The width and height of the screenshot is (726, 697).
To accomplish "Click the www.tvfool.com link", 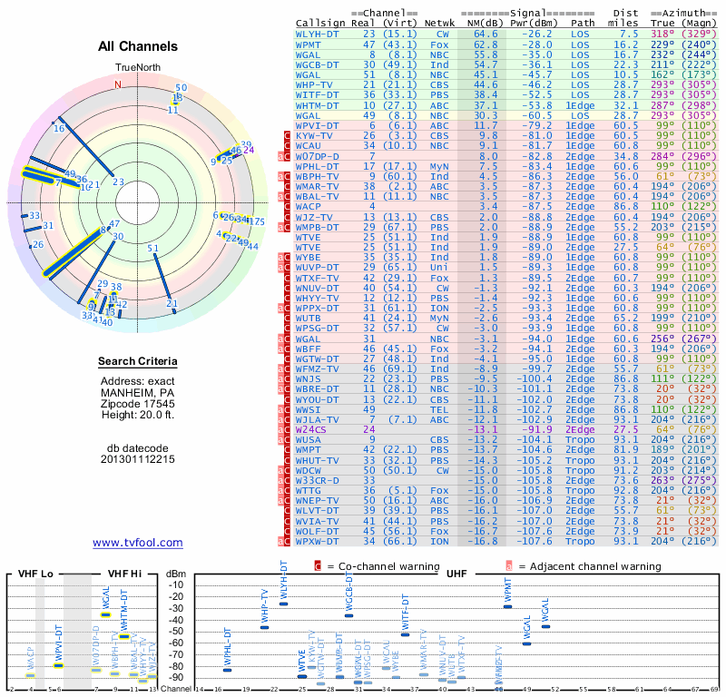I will click(x=138, y=543).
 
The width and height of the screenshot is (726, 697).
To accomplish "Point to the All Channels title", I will click(x=138, y=46).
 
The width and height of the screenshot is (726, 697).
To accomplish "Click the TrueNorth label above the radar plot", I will click(x=137, y=68).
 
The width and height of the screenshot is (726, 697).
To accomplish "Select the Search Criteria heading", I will click(x=138, y=362).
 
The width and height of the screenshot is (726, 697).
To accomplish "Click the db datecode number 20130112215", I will click(x=138, y=459).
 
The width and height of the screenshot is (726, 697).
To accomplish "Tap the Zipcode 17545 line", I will click(x=138, y=403).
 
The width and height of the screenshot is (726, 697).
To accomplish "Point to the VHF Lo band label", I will click(x=34, y=574).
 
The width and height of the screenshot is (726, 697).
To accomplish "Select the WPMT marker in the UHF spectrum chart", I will click(x=507, y=606).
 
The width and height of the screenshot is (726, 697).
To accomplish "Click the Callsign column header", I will click(x=320, y=23).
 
